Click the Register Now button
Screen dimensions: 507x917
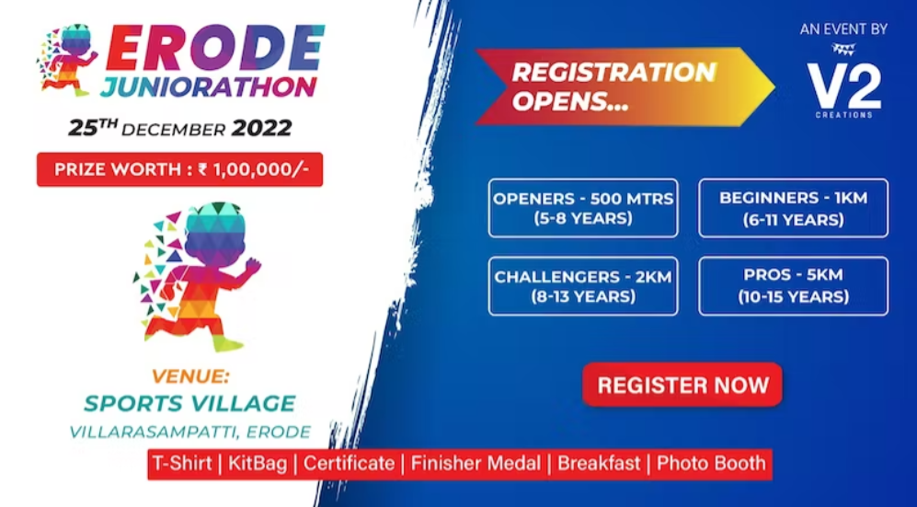pyautogui.click(x=682, y=385)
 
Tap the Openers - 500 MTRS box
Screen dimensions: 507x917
pyautogui.click(x=583, y=208)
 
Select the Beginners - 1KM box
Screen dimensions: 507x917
pyautogui.click(x=793, y=208)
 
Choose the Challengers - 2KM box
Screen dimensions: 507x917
pyautogui.click(x=583, y=286)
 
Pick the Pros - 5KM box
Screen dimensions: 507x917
pyautogui.click(x=793, y=286)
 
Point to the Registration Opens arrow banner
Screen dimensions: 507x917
pyautogui.click(x=616, y=86)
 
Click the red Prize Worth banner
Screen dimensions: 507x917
pyautogui.click(x=179, y=169)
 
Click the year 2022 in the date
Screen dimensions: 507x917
pyautogui.click(x=261, y=128)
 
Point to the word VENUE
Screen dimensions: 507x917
pyautogui.click(x=189, y=376)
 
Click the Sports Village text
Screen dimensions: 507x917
pyautogui.click(x=189, y=403)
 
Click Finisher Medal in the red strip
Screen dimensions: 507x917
pyautogui.click(x=478, y=463)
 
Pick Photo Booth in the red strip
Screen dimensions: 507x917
pyautogui.click(x=711, y=463)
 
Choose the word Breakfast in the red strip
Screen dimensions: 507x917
pyautogui.click(x=599, y=463)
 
